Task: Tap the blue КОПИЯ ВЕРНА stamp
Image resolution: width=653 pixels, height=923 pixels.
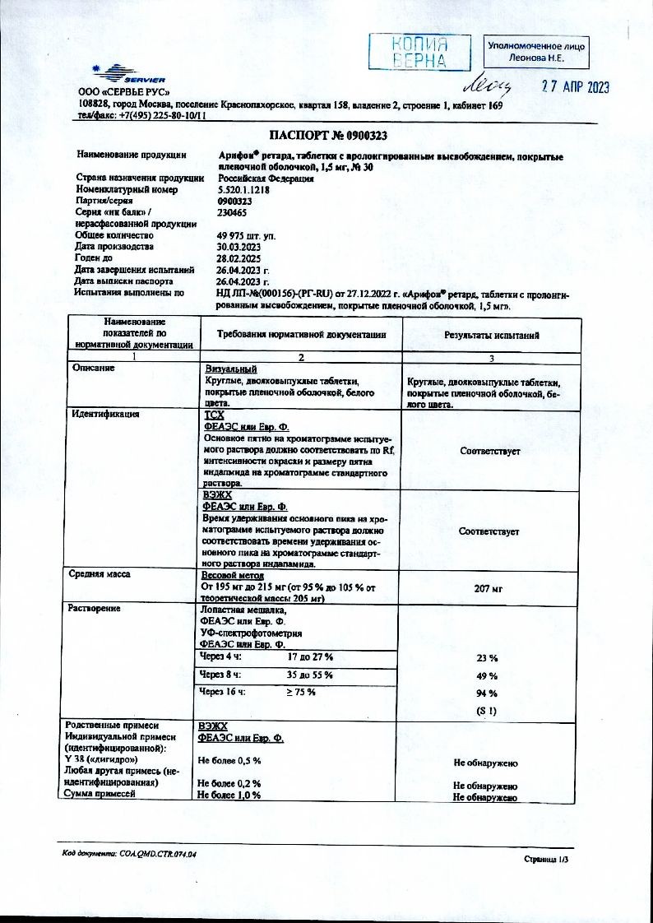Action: tap(419, 52)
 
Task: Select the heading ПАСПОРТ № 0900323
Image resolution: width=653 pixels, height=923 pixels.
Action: tap(328, 136)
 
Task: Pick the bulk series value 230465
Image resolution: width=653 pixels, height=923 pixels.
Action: tap(231, 211)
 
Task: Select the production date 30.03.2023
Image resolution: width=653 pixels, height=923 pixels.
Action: tap(239, 247)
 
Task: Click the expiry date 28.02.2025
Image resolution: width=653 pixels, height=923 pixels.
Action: tap(239, 258)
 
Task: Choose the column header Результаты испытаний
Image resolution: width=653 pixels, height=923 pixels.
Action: tap(492, 335)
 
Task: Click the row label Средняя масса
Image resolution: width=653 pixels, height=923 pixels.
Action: tap(100, 575)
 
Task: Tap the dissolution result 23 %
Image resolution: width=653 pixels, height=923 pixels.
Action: tap(488, 658)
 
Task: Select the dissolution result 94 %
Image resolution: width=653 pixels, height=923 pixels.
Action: tap(488, 693)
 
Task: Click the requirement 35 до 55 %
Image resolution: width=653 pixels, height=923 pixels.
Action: tap(309, 675)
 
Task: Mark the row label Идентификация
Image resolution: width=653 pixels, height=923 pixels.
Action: tap(105, 415)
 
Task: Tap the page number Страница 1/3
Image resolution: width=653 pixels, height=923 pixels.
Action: tap(545, 859)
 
